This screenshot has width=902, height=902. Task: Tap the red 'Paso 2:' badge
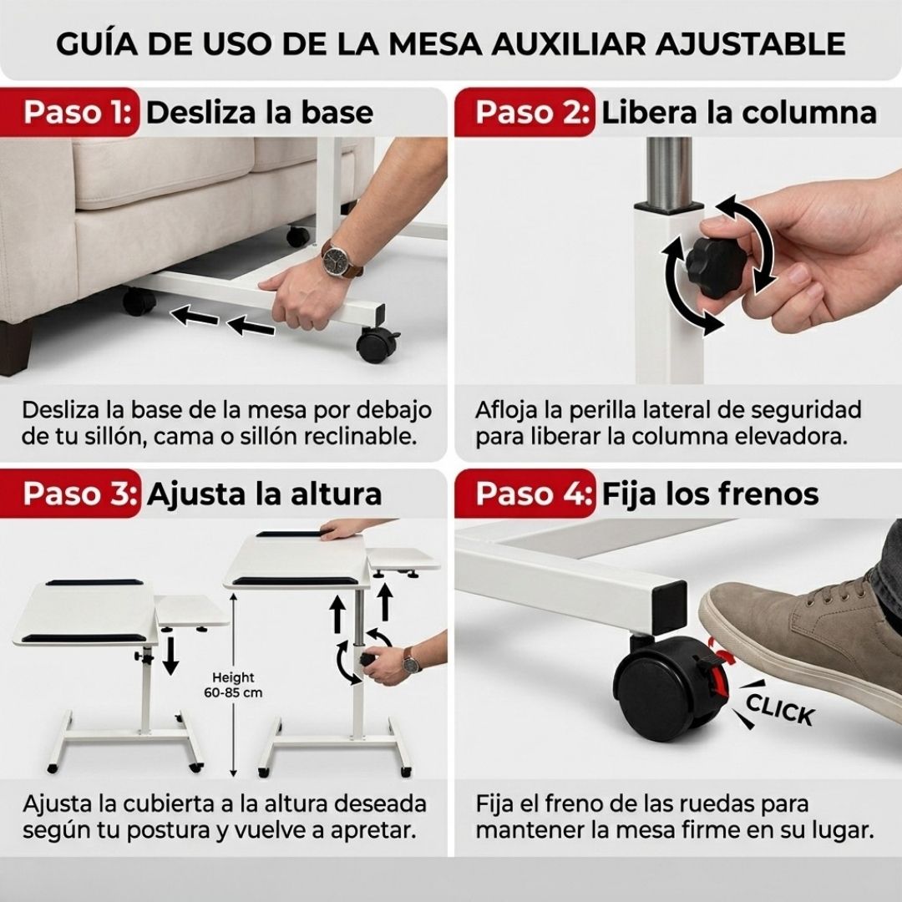(x=524, y=112)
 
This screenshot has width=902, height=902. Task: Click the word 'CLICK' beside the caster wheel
(x=780, y=709)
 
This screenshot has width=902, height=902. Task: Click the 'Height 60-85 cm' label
(x=233, y=685)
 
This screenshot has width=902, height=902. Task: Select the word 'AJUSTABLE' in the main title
(x=751, y=43)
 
